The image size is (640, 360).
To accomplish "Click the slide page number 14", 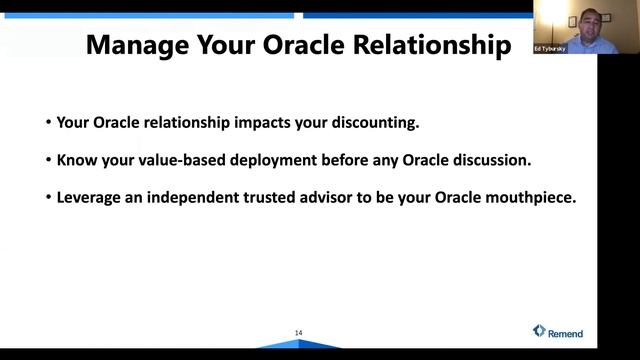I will pos(298,333).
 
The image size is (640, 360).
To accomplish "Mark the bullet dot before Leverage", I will pos(48,198).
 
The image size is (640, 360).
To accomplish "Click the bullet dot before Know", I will pos(48,161).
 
